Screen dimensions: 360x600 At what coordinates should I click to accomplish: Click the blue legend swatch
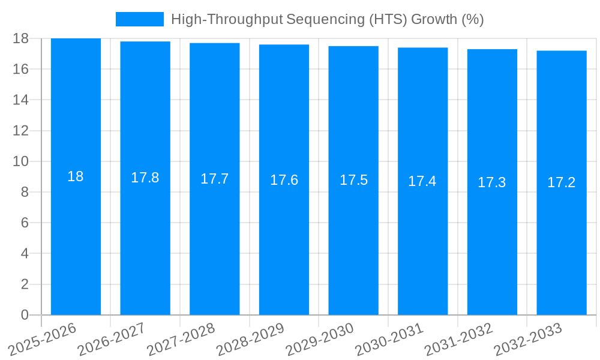click(x=139, y=19)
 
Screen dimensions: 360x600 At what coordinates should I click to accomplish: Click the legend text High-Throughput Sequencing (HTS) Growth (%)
click(x=327, y=19)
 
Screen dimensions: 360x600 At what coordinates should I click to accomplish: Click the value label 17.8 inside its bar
click(x=145, y=178)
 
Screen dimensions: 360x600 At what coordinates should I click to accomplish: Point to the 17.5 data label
click(x=353, y=180)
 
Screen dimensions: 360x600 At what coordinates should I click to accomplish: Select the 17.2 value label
click(x=562, y=182)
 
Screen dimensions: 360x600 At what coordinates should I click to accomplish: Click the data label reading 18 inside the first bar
click(x=76, y=176)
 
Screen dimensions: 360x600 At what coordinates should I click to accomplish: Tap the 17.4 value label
click(x=422, y=181)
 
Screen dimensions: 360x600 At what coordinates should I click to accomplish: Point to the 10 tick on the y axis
click(x=21, y=161)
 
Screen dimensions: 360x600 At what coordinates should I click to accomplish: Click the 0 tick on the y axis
click(x=25, y=315)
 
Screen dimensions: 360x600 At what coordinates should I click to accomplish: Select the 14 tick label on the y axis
click(x=21, y=100)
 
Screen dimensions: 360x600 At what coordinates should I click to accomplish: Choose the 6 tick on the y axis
click(x=25, y=223)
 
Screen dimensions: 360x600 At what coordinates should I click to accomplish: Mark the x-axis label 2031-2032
click(x=459, y=338)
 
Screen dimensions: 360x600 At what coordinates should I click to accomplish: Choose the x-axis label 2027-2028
click(x=181, y=338)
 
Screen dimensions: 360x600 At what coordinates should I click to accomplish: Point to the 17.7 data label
click(x=215, y=179)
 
